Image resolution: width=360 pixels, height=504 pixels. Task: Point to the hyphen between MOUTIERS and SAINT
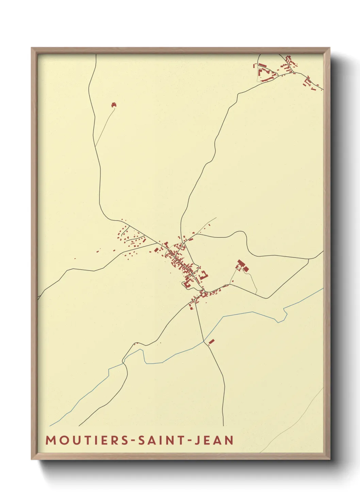coord(133,441)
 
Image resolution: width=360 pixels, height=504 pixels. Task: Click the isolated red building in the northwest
coord(114,105)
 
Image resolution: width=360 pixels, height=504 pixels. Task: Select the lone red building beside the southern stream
coord(211,341)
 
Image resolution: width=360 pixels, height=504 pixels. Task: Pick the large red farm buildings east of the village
coord(242,266)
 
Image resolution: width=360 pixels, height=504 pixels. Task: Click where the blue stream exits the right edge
coord(323,288)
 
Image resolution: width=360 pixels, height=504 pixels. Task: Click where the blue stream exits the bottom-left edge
coord(50,426)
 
